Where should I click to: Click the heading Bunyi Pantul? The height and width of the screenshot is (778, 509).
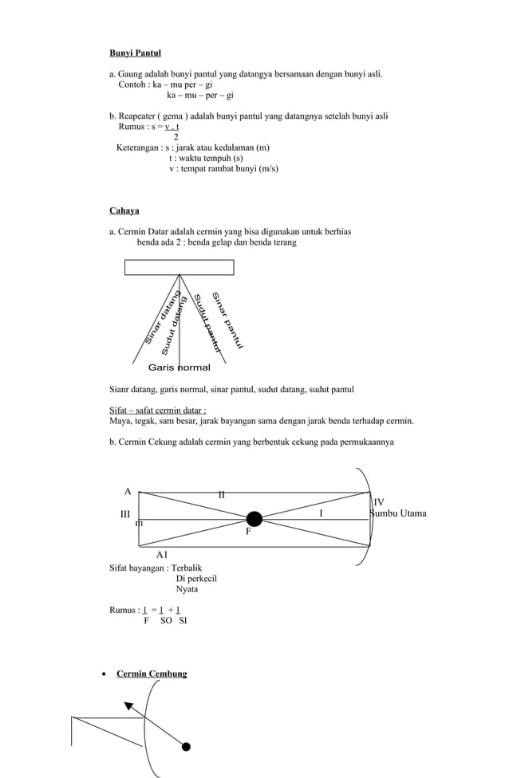tap(135, 53)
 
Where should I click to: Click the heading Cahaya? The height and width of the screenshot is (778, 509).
tap(124, 211)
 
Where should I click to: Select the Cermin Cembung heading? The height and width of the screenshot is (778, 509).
tap(152, 674)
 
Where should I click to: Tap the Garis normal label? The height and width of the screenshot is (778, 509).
tap(180, 367)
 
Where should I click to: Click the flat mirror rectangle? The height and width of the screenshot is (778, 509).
tap(179, 267)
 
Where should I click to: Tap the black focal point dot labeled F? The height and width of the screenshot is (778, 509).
tap(254, 520)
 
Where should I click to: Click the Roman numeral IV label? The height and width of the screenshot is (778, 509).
tap(379, 503)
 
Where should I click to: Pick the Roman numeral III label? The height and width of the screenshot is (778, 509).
tap(125, 515)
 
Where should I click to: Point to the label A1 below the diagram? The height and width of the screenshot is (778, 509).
tap(162, 553)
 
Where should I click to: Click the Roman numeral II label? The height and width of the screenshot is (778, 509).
tap(222, 495)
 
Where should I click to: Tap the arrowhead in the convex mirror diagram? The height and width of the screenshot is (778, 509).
tap(129, 705)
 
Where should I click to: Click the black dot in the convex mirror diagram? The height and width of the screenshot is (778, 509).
tap(186, 747)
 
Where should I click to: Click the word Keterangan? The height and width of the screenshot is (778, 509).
tap(137, 147)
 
